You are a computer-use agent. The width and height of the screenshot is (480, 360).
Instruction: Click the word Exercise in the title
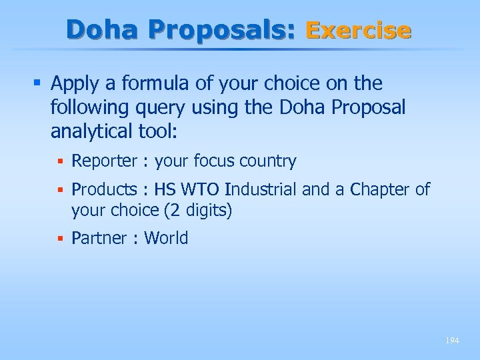coord(358,30)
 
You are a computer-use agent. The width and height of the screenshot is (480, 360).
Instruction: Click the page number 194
coord(452,341)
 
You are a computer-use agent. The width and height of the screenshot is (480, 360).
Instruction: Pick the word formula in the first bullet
coord(145,84)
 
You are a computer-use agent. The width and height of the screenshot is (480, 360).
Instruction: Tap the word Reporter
coord(103,161)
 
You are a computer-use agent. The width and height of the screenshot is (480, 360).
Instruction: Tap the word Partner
coord(100,238)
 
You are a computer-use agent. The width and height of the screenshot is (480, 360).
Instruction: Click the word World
coord(166,238)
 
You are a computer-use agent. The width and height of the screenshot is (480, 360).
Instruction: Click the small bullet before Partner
coord(61,238)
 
